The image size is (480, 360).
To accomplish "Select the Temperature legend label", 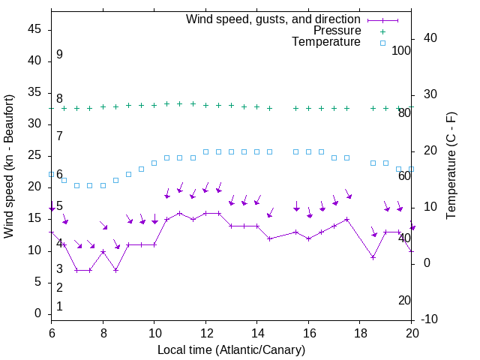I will click(x=326, y=42).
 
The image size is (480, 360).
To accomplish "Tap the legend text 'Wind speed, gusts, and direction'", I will click(x=274, y=19).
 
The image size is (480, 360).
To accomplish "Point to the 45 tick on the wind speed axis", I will click(x=35, y=30).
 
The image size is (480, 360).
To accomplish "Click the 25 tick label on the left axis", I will click(x=35, y=156).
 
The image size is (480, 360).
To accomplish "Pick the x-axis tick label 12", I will click(x=205, y=334).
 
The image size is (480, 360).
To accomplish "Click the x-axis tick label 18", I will click(x=360, y=334).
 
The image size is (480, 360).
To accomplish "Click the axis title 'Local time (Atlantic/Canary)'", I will click(x=231, y=349).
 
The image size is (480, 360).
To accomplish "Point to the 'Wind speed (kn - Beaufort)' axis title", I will click(x=9, y=166).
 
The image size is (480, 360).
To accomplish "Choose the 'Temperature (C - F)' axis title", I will click(x=451, y=166).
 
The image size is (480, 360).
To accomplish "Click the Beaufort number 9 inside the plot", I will click(x=59, y=55).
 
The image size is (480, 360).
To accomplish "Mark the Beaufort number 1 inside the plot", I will click(x=59, y=307).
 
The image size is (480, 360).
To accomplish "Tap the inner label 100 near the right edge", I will click(x=401, y=51).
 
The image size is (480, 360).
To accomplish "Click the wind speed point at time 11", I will click(x=180, y=213).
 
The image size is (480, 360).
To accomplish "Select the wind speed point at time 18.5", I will click(x=373, y=257).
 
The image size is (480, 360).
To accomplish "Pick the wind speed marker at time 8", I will click(x=103, y=251).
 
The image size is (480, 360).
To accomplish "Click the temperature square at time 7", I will click(x=77, y=185).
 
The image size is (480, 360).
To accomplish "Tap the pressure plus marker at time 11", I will click(x=180, y=103).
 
